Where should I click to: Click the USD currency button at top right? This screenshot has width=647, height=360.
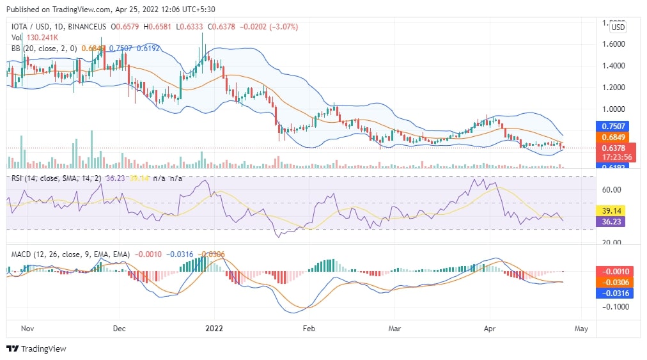click(x=618, y=27)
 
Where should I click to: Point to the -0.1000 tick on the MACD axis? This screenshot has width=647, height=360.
click(x=613, y=307)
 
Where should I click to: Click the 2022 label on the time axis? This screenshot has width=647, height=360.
click(x=214, y=328)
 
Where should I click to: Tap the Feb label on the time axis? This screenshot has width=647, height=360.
click(x=309, y=328)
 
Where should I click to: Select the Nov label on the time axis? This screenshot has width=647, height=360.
click(x=27, y=328)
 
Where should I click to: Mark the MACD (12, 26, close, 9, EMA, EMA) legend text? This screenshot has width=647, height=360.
click(x=70, y=254)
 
